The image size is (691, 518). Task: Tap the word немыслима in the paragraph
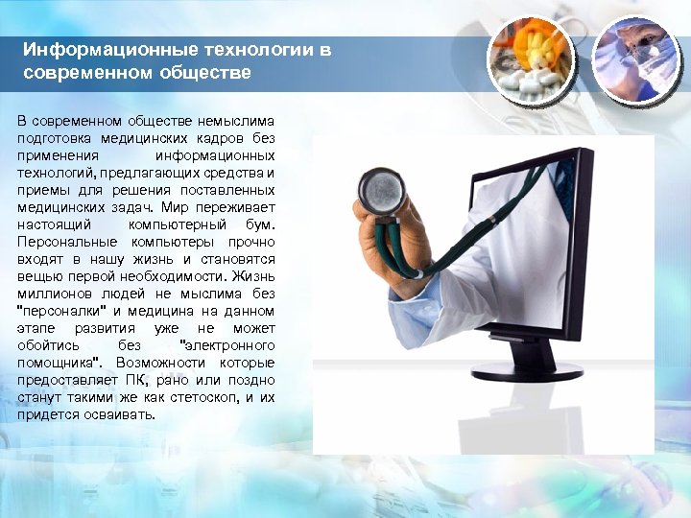click(x=236, y=122)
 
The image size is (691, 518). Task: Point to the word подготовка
click(x=57, y=139)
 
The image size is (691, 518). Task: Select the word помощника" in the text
click(x=61, y=364)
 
